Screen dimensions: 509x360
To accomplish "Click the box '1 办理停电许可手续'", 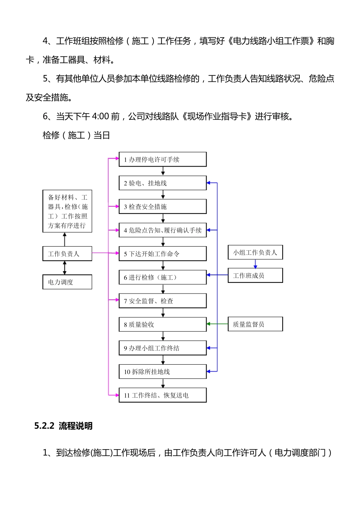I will (x=163, y=159).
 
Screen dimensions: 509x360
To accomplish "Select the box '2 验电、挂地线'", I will (x=163, y=183).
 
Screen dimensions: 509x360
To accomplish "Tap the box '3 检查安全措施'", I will (x=163, y=206).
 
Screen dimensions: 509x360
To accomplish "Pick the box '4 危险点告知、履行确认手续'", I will (x=163, y=230).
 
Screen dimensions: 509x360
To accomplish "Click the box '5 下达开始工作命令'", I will (x=163, y=254).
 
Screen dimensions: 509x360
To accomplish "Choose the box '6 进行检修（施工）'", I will (x=163, y=277).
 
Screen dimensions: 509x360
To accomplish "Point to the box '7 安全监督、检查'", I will (x=163, y=301).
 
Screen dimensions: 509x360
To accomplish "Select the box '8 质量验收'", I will (x=163, y=324).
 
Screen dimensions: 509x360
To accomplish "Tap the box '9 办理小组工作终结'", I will (x=163, y=348).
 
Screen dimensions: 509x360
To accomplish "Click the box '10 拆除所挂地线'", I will (x=163, y=372).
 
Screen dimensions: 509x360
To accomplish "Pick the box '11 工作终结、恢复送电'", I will (x=163, y=395).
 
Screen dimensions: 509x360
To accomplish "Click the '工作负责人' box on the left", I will (x=67, y=254).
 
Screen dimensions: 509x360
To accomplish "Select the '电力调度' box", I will (x=67, y=282).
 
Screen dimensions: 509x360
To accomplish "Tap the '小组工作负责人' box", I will (x=255, y=252).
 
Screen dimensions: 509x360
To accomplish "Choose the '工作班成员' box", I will (x=255, y=275).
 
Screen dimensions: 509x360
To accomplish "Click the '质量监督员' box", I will (x=255, y=324).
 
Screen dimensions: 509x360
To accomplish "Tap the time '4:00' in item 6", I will (x=100, y=116).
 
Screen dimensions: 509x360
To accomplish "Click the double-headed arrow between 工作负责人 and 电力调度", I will (x=64, y=268).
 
